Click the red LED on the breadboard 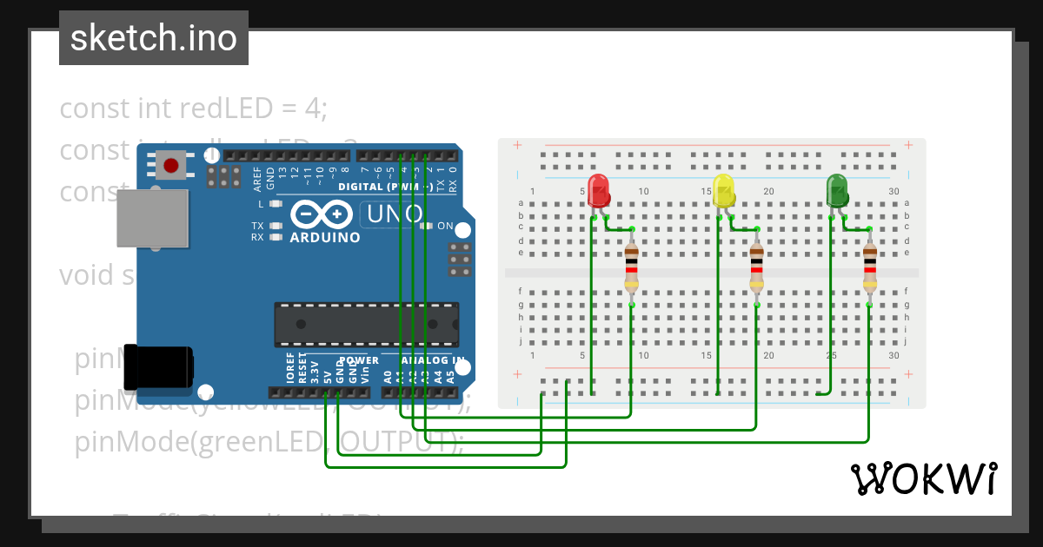point(598,190)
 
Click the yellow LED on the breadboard point(723,190)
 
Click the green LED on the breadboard point(837,190)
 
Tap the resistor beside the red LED point(632,267)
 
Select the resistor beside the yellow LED point(757,267)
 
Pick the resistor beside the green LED point(869,267)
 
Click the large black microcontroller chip point(366,323)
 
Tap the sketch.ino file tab point(154,38)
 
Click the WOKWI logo point(924,479)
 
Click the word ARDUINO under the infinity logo point(324,237)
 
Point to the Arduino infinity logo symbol point(322,214)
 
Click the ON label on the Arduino point(444,226)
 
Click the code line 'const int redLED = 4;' point(193,109)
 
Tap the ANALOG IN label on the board point(432,359)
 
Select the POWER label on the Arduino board point(359,359)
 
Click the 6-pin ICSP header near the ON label point(461,259)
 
